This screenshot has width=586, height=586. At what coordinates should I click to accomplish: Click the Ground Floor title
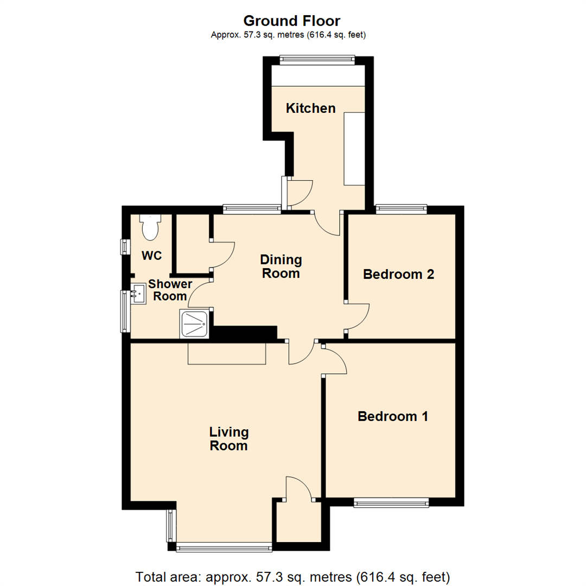coord(291,21)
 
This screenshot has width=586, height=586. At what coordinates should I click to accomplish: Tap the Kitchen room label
coord(311,108)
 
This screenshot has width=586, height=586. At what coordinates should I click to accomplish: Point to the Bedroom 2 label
coord(399,274)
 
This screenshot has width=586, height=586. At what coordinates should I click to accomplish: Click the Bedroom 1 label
coord(393,417)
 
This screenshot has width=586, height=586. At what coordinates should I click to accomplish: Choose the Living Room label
coord(229,439)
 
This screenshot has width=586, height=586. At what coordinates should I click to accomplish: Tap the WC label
coord(152,256)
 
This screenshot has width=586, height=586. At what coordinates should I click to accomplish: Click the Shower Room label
coord(170,290)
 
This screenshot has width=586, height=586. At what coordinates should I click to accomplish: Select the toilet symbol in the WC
coord(150,227)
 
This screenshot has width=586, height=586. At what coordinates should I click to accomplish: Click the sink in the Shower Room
coord(137,295)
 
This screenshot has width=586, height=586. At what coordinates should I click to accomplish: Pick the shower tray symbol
coord(194,324)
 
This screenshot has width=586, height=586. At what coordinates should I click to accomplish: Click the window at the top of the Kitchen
coord(317,59)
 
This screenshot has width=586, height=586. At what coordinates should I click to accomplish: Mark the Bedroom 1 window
coord(391,503)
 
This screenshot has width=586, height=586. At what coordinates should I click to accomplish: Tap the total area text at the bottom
coord(292,576)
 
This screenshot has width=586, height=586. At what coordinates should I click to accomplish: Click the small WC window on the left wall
coord(124,246)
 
